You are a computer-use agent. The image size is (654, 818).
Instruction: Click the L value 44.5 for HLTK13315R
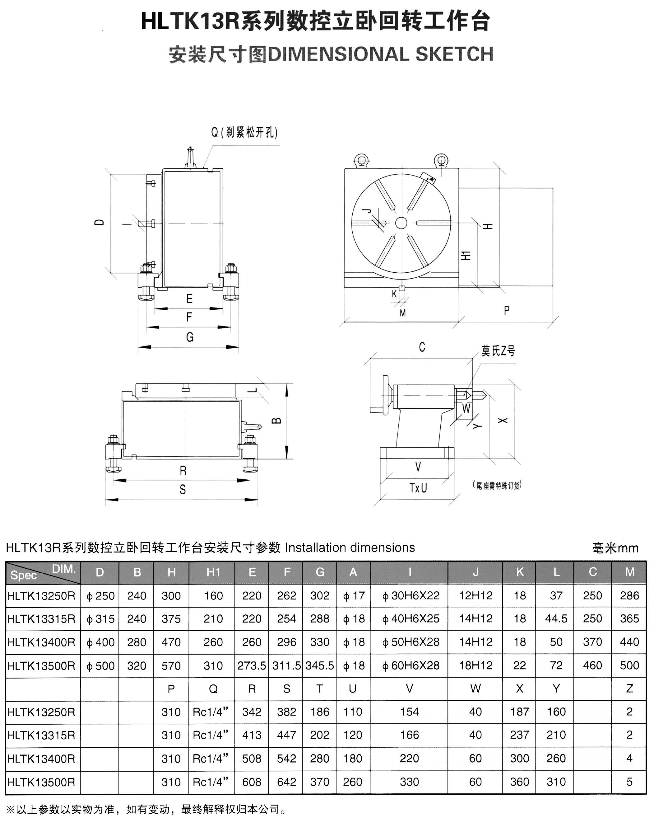click(x=556, y=619)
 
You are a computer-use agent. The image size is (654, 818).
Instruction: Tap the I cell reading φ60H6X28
click(x=410, y=665)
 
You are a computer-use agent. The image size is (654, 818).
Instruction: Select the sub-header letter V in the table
click(x=410, y=689)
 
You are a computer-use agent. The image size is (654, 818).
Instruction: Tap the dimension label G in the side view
click(x=190, y=337)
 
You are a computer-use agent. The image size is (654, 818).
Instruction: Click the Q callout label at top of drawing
click(x=244, y=132)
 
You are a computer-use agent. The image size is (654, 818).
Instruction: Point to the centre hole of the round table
click(x=401, y=223)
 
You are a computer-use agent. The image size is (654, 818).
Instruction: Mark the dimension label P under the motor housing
click(x=507, y=311)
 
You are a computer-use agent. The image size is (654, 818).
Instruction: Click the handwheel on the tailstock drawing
click(x=386, y=395)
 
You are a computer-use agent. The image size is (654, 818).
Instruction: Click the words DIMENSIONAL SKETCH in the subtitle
click(x=380, y=54)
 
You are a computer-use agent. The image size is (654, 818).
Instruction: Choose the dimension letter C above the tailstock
click(x=422, y=347)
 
